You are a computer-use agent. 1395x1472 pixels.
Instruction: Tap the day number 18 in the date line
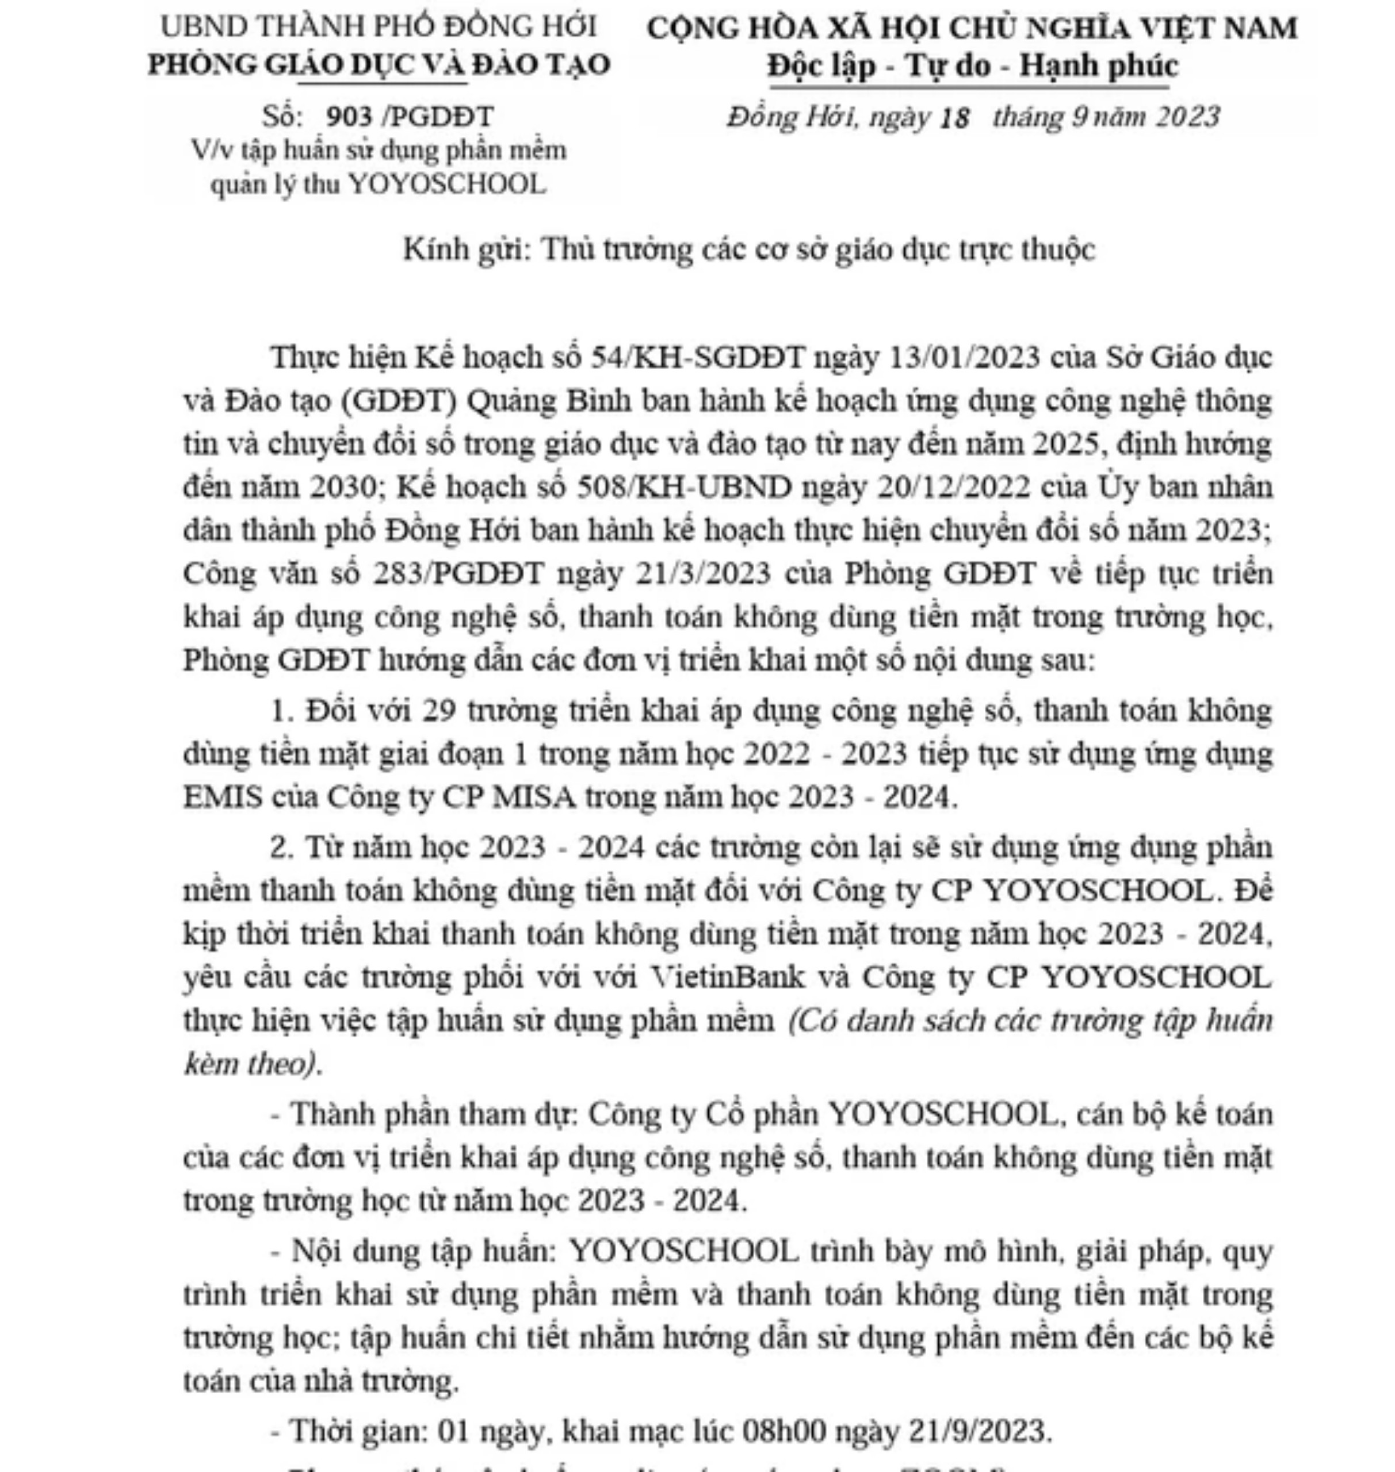pos(955,117)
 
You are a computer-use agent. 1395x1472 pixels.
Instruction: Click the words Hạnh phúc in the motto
pos(1098,66)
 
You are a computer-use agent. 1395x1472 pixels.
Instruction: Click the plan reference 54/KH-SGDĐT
pos(697,358)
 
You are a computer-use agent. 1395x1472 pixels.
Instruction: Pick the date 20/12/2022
pos(954,488)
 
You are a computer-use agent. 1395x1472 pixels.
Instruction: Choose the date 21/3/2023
pos(703,574)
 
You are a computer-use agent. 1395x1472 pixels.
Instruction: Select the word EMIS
pos(223,797)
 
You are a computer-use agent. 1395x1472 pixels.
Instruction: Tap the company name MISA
pos(534,797)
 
